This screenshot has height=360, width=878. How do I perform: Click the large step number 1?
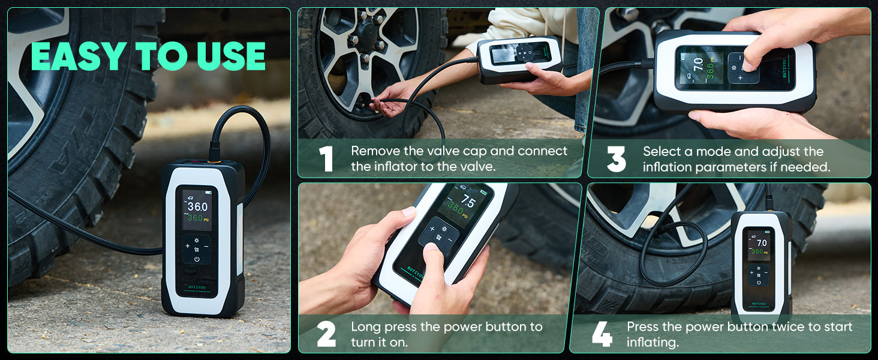tap(326, 159)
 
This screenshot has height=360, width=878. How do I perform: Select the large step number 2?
tap(326, 334)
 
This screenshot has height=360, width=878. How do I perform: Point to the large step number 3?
tap(616, 159)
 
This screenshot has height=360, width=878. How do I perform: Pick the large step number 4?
tap(602, 334)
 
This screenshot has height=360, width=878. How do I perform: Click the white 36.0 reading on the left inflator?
tap(197, 206)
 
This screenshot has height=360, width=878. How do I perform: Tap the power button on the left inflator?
tap(197, 259)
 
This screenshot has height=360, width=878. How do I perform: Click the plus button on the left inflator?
tap(187, 246)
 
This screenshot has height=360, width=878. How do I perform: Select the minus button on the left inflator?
tap(206, 246)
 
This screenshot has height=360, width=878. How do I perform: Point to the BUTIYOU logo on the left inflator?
tap(197, 287)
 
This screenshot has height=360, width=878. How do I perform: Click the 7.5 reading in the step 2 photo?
tap(468, 202)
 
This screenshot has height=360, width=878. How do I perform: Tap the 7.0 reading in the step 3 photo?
tap(697, 64)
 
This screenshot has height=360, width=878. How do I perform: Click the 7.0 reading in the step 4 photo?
tap(762, 243)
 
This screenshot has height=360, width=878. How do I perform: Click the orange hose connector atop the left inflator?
tap(214, 160)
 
